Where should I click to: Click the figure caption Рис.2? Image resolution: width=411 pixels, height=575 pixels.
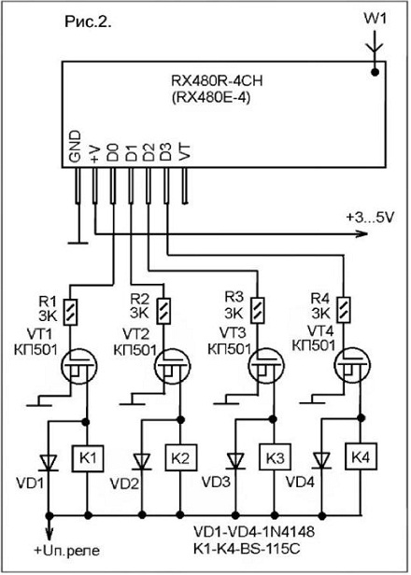88,21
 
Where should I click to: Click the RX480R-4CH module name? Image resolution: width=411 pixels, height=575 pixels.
217,80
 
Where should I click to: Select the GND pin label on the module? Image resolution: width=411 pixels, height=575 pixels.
75,147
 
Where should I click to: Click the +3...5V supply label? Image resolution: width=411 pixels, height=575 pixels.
370,217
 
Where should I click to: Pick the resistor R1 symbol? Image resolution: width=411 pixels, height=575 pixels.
70,312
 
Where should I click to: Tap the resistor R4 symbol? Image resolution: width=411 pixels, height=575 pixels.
344,310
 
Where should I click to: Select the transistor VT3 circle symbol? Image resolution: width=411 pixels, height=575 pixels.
265,365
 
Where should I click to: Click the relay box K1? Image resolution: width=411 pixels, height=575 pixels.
88,458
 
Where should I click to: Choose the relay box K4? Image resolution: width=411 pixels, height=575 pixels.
361,456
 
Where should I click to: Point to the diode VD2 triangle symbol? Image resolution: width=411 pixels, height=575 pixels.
142,462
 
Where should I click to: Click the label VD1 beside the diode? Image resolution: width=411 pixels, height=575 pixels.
30,484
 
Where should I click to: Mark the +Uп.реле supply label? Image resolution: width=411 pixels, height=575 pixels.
67,551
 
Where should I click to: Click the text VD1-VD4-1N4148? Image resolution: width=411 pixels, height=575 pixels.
254,532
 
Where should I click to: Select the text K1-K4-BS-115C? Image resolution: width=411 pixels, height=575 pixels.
247,549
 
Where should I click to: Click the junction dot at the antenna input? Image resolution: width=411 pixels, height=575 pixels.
375,72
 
